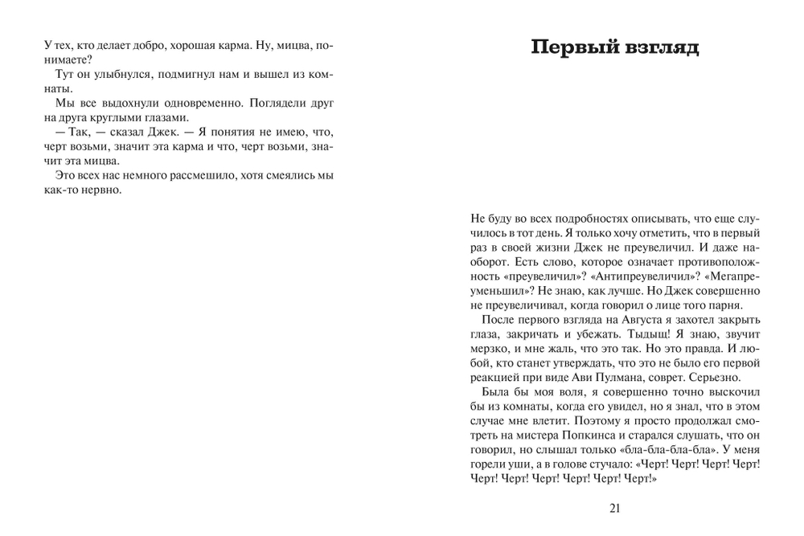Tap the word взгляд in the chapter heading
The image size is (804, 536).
(659, 47)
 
